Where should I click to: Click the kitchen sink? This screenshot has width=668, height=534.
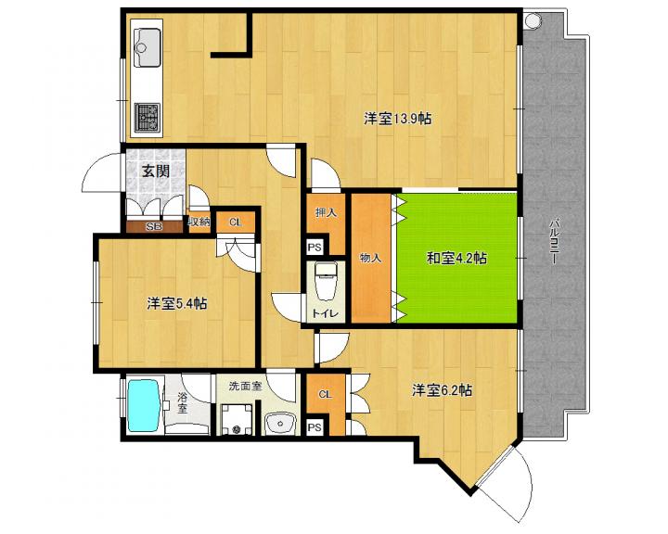point(148,47)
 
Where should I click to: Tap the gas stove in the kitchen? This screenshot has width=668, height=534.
point(148,116)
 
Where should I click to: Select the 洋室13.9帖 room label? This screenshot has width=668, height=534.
point(397,119)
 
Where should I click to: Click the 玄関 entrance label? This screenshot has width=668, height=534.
point(156,172)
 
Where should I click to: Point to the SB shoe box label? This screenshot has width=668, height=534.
point(154,227)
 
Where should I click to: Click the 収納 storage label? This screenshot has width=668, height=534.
point(199,222)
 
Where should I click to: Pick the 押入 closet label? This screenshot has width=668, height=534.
point(326,212)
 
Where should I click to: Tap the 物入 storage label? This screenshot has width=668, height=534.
point(370,258)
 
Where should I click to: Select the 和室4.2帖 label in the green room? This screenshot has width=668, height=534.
point(456,258)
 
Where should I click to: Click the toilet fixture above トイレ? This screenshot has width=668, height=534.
point(326,281)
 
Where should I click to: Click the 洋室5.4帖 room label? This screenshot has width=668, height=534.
point(177,304)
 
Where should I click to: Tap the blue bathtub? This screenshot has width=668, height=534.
point(145,405)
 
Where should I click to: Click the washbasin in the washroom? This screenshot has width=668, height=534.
point(280,424)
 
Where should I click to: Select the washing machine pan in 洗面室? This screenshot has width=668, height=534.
point(237,419)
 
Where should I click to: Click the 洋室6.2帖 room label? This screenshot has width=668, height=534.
point(442,390)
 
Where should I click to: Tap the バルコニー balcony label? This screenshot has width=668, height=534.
point(553,242)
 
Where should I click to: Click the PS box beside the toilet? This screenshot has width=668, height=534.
point(315,248)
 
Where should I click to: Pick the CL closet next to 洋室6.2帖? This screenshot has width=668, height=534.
point(325,395)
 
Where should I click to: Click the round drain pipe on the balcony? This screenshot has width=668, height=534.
point(532,20)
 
